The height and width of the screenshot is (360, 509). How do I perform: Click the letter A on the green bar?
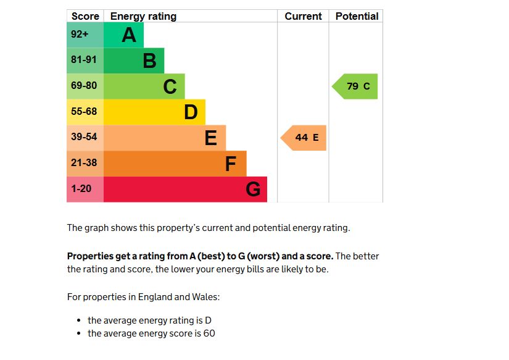click(128, 35)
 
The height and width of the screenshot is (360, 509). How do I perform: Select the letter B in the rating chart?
click(149, 61)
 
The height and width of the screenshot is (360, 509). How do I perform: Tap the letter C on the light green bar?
click(170, 86)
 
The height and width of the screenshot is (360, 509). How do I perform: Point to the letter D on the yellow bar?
click(191, 112)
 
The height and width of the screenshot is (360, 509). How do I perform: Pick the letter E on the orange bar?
click(210, 138)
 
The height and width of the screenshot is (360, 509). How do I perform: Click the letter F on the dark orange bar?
click(231, 164)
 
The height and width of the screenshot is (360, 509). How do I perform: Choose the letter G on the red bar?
click(253, 190)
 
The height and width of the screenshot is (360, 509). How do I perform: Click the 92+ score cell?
click(80, 35)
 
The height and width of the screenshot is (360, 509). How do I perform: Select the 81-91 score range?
click(84, 61)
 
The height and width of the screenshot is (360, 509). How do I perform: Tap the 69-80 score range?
click(84, 86)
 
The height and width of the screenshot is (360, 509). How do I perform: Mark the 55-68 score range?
click(84, 112)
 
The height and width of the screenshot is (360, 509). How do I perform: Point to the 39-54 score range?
click(84, 138)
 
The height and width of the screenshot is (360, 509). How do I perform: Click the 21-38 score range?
click(84, 163)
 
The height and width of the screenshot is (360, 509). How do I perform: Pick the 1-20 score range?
click(81, 189)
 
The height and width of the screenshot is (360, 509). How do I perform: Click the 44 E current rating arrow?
click(305, 138)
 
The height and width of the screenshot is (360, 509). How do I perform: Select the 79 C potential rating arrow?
click(357, 86)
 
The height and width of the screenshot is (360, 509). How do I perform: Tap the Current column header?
click(303, 17)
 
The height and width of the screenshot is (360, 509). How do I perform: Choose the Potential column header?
click(357, 17)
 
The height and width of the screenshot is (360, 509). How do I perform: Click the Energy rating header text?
click(143, 17)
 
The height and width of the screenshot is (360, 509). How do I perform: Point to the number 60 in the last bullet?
click(209, 333)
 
